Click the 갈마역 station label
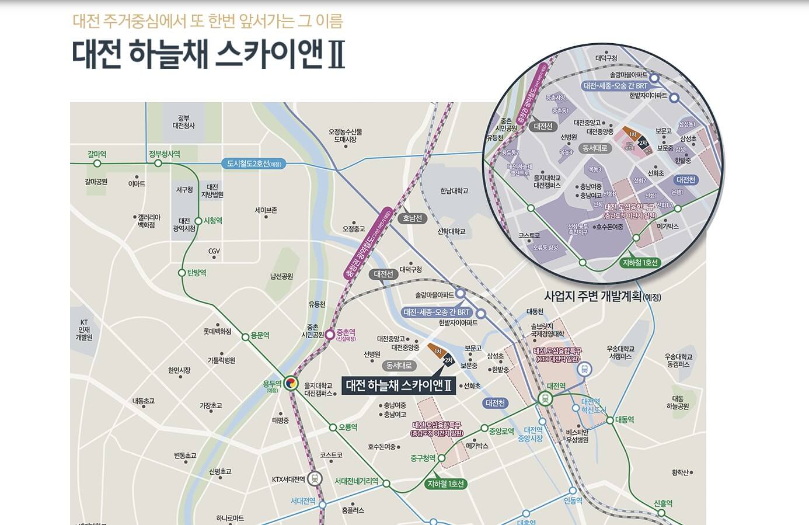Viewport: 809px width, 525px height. click(x=97, y=154)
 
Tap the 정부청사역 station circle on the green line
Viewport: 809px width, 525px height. click(x=158, y=164)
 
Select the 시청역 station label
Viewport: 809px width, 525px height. click(x=212, y=221)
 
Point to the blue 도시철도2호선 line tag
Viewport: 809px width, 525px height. click(x=254, y=164)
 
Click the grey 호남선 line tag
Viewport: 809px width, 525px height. click(x=412, y=218)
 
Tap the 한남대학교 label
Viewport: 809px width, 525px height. click(x=454, y=191)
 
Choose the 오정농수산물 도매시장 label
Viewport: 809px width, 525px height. click(x=345, y=135)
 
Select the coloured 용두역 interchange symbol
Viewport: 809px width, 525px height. click(x=292, y=383)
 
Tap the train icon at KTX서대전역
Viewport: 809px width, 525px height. click(x=315, y=479)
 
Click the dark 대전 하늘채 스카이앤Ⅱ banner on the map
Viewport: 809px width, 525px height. click(x=399, y=385)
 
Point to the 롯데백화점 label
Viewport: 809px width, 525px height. click(x=217, y=332)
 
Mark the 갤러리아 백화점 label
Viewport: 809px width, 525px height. click(x=146, y=221)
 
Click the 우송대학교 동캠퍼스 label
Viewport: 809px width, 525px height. click(x=678, y=360)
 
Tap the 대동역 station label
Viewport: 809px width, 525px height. click(x=624, y=420)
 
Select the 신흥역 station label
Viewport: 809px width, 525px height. click(x=663, y=503)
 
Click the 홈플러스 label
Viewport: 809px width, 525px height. click(x=353, y=510)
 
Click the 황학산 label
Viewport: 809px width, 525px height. click(x=680, y=472)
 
